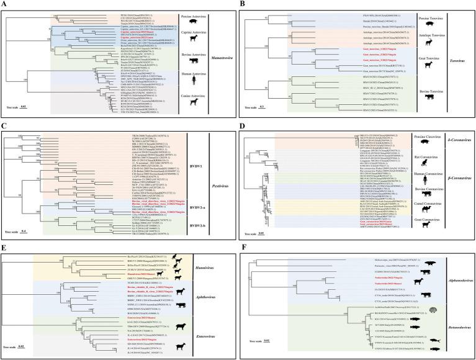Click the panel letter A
tap(4, 4)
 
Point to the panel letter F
tap(244, 246)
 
